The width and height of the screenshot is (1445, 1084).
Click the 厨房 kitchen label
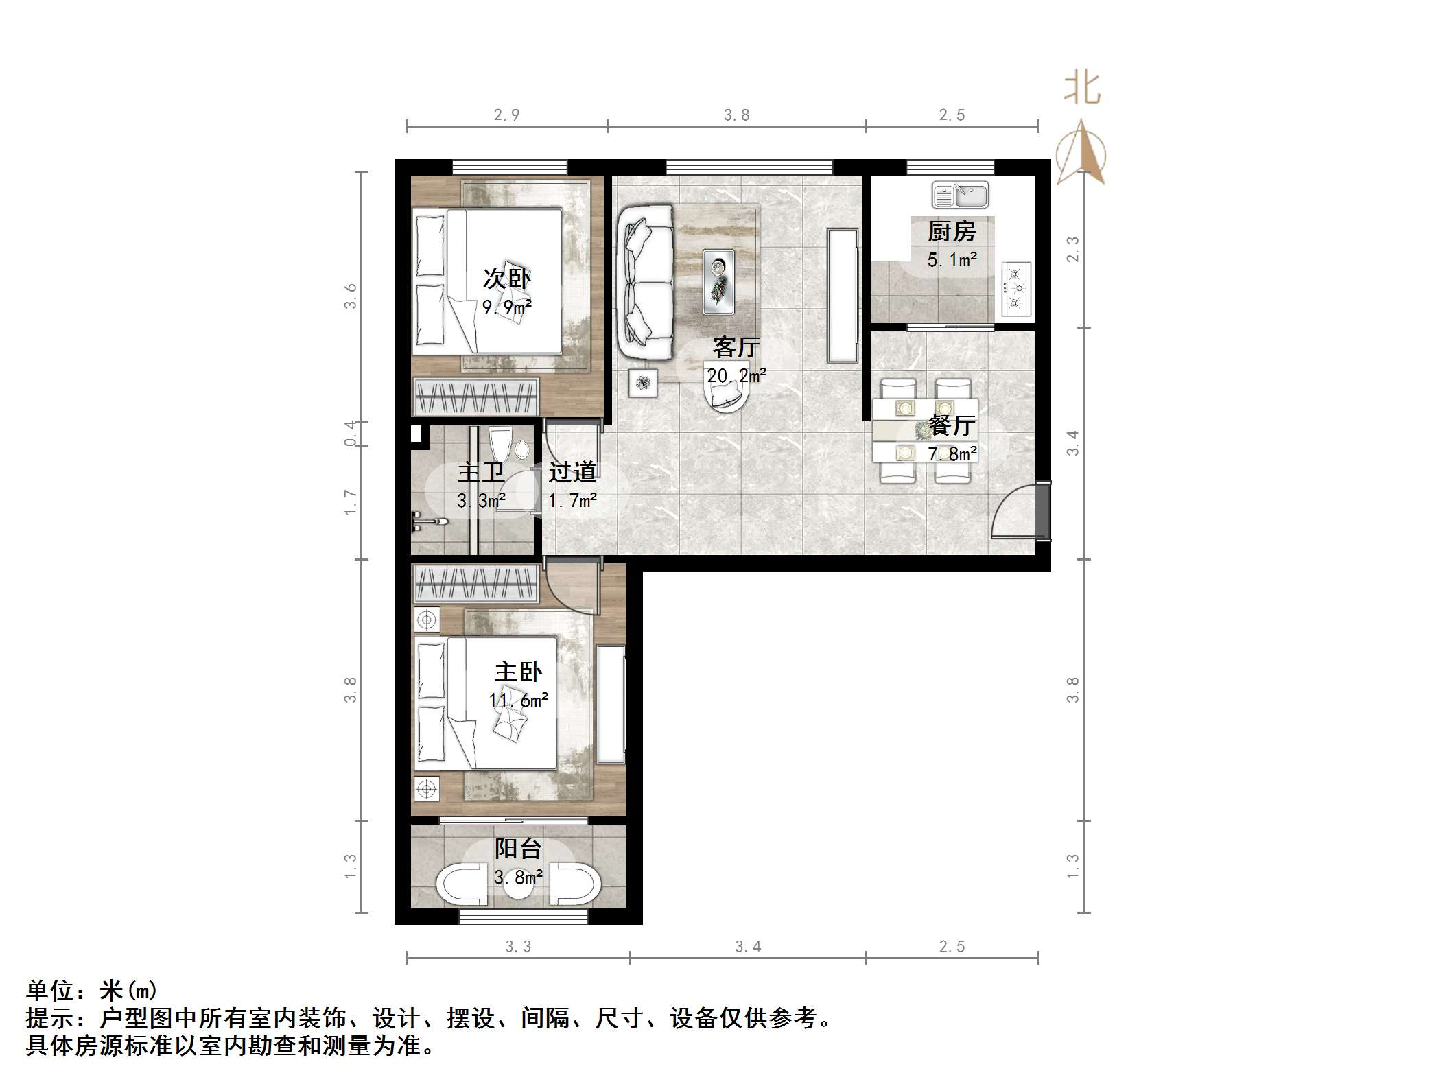(x=951, y=232)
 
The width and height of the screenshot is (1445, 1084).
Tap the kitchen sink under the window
(x=960, y=195)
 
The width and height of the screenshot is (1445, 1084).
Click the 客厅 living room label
(x=735, y=347)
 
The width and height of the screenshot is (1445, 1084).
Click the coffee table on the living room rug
(x=718, y=282)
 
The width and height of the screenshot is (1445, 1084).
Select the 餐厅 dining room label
(x=951, y=425)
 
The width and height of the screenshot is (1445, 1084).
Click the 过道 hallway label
(x=572, y=472)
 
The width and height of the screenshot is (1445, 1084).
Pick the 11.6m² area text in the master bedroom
(x=518, y=700)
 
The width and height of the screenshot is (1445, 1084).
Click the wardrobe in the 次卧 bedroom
(x=475, y=397)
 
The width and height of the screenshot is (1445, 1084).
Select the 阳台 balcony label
(x=518, y=849)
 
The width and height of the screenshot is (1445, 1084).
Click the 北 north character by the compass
(x=1082, y=89)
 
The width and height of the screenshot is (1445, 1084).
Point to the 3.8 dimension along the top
(x=736, y=115)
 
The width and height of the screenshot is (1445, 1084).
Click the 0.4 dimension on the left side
(x=351, y=434)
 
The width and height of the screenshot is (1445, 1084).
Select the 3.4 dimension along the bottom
(x=748, y=947)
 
